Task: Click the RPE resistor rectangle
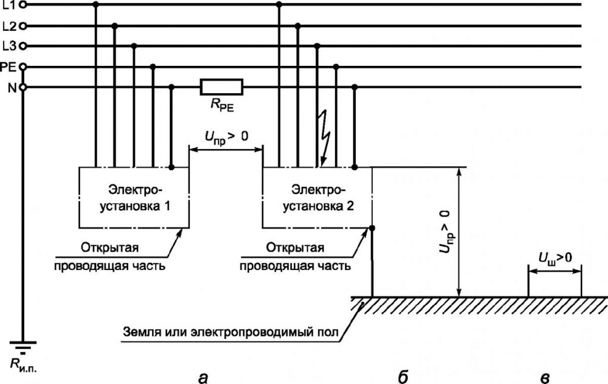pyautogui.click(x=221, y=87)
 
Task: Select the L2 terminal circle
pyautogui.click(x=23, y=26)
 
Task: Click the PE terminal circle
pyautogui.click(x=23, y=67)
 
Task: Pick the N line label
pyautogui.click(x=12, y=88)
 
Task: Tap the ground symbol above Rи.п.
pyautogui.click(x=23, y=347)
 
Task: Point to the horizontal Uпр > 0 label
pyautogui.click(x=226, y=138)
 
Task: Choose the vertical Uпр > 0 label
pyautogui.click(x=446, y=231)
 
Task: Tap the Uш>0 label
pyautogui.click(x=555, y=258)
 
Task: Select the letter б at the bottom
pyautogui.click(x=403, y=376)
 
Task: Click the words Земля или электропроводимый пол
pyautogui.click(x=231, y=332)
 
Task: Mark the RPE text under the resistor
pyautogui.click(x=223, y=106)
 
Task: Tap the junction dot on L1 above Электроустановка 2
pyautogui.click(x=279, y=4)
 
